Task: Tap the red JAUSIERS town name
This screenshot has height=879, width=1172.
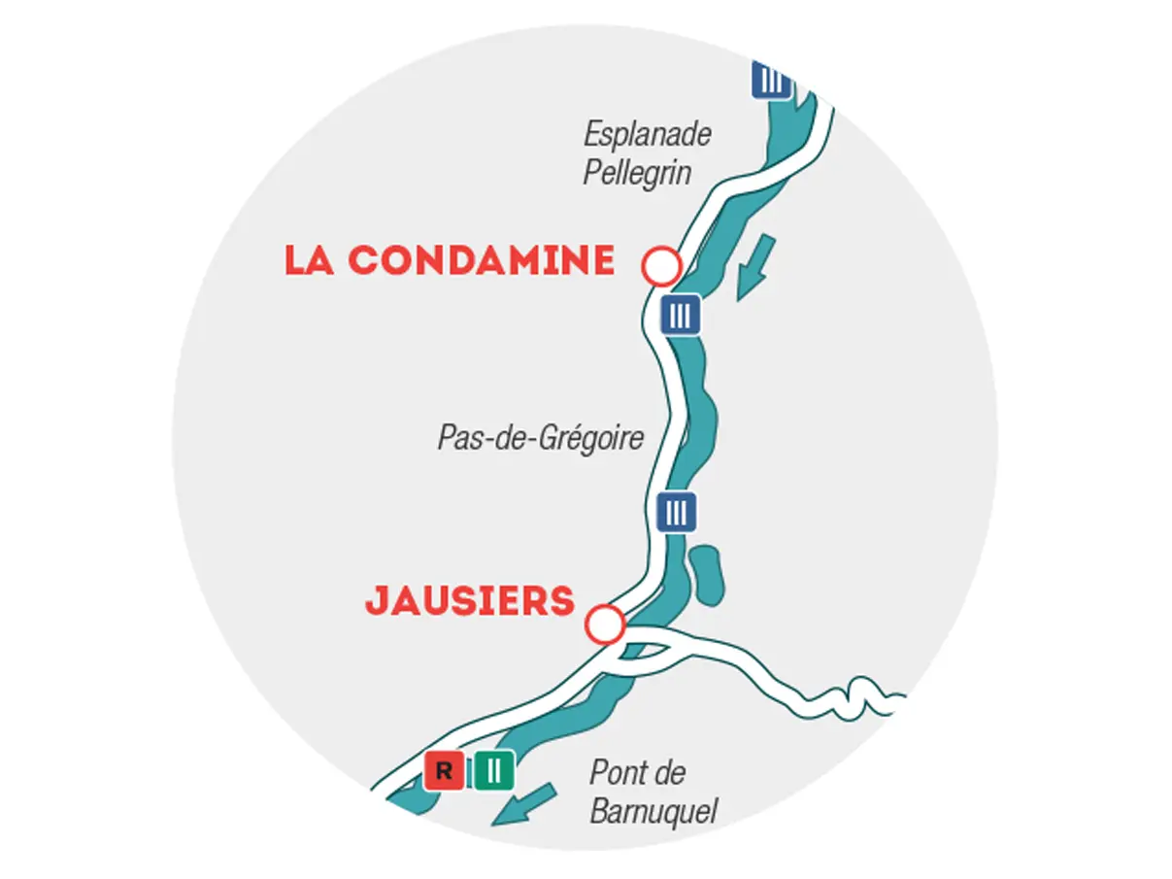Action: point(470,601)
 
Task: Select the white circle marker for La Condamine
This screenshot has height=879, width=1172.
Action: point(661,265)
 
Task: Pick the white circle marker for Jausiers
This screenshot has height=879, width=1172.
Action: point(606,624)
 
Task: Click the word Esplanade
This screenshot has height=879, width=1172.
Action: point(648,134)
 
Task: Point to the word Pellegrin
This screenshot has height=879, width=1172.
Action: point(637,172)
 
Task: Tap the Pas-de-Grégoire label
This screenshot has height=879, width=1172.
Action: point(540,437)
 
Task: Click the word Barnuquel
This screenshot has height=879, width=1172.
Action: point(653,809)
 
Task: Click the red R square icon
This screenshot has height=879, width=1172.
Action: point(444,772)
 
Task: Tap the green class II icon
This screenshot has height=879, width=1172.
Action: point(494,772)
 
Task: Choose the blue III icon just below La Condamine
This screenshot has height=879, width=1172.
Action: point(681,315)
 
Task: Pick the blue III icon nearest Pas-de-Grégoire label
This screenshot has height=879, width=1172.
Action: point(677,511)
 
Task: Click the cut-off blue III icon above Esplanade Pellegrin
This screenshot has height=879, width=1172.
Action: point(771,81)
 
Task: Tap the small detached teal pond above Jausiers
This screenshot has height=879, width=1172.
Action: point(706,572)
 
